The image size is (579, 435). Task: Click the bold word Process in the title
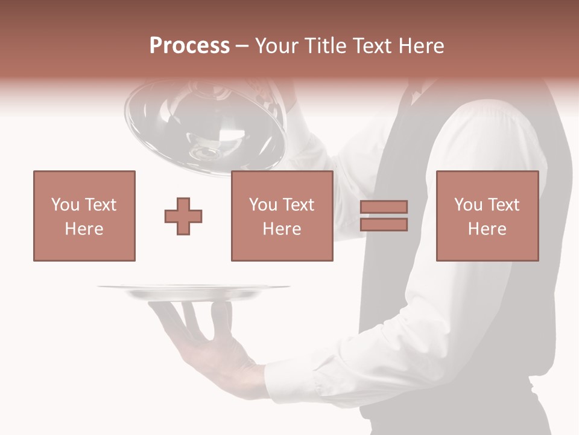(x=189, y=46)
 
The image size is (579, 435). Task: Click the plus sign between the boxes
(x=183, y=216)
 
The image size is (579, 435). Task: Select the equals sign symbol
(x=384, y=216)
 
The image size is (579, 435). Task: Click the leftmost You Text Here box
(x=84, y=216)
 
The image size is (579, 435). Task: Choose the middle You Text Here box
(x=282, y=216)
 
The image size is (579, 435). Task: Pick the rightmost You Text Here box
(x=487, y=216)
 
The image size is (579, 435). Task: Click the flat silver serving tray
(x=193, y=292)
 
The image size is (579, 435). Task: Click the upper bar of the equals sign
(x=384, y=207)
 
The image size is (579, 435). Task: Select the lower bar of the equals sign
(x=384, y=225)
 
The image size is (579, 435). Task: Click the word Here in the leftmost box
(x=84, y=229)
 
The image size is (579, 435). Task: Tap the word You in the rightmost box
(x=468, y=205)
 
